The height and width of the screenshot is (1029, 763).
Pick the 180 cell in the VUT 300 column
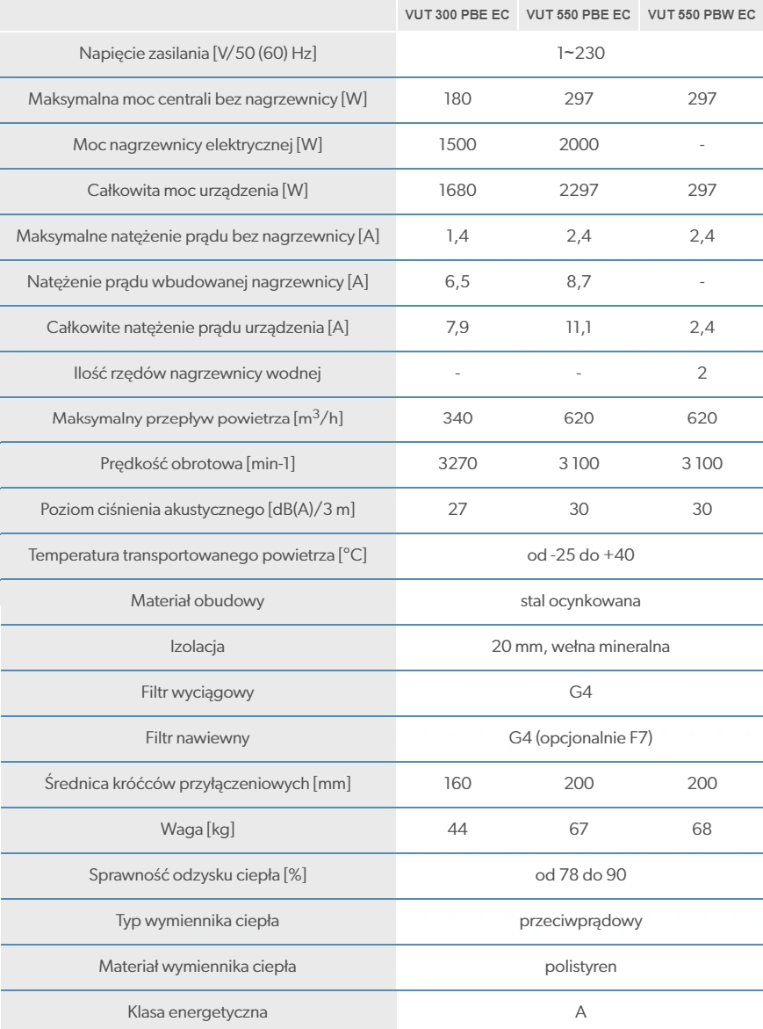(x=457, y=99)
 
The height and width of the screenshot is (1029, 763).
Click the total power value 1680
(x=457, y=187)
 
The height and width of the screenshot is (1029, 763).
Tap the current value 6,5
(x=457, y=273)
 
